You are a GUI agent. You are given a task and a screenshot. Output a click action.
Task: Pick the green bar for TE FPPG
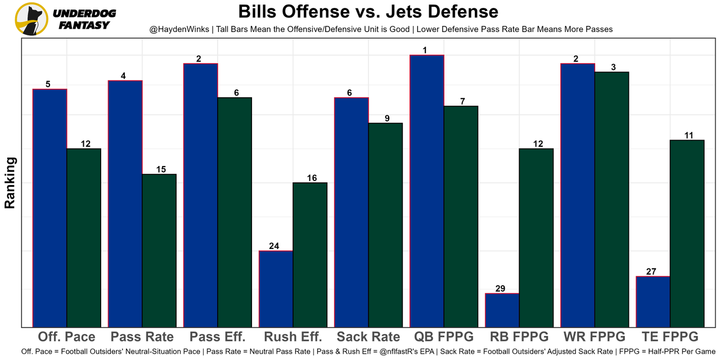point(687,233)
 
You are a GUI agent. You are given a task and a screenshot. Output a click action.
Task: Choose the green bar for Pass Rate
point(159,250)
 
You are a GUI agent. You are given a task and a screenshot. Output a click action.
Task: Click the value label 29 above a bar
point(500,289)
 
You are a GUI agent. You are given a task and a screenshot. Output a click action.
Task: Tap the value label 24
point(274,246)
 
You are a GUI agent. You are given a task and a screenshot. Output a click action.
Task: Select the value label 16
point(312,178)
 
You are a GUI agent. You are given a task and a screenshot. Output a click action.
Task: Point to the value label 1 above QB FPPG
point(425,50)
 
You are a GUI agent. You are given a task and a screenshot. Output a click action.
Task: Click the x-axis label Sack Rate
point(368,337)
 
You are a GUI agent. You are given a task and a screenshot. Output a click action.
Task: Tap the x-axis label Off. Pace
point(66,337)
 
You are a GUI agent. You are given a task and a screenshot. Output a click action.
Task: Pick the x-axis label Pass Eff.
point(217,337)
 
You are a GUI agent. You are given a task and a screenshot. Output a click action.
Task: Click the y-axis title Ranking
point(10,183)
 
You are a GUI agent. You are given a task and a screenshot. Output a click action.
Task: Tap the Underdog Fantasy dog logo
point(31,19)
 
